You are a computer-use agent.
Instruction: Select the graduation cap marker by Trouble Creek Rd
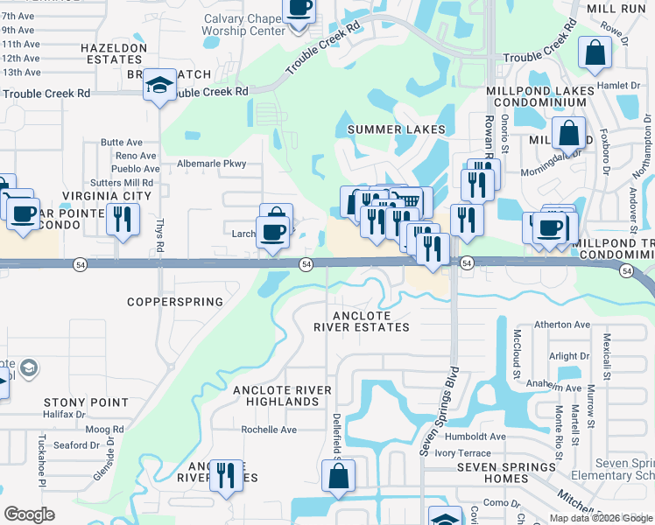coord(158,86)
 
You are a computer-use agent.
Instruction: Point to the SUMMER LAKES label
coord(397,129)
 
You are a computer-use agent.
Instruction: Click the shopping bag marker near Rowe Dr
coord(595,53)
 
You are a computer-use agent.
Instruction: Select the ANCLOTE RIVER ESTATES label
coord(371,321)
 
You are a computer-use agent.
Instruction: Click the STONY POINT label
coord(87,402)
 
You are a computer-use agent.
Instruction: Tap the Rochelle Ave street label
coord(270,430)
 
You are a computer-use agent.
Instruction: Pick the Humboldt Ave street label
coord(473,437)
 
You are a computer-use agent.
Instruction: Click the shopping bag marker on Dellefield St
coord(338,477)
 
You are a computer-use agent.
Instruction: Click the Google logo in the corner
coord(30,514)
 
